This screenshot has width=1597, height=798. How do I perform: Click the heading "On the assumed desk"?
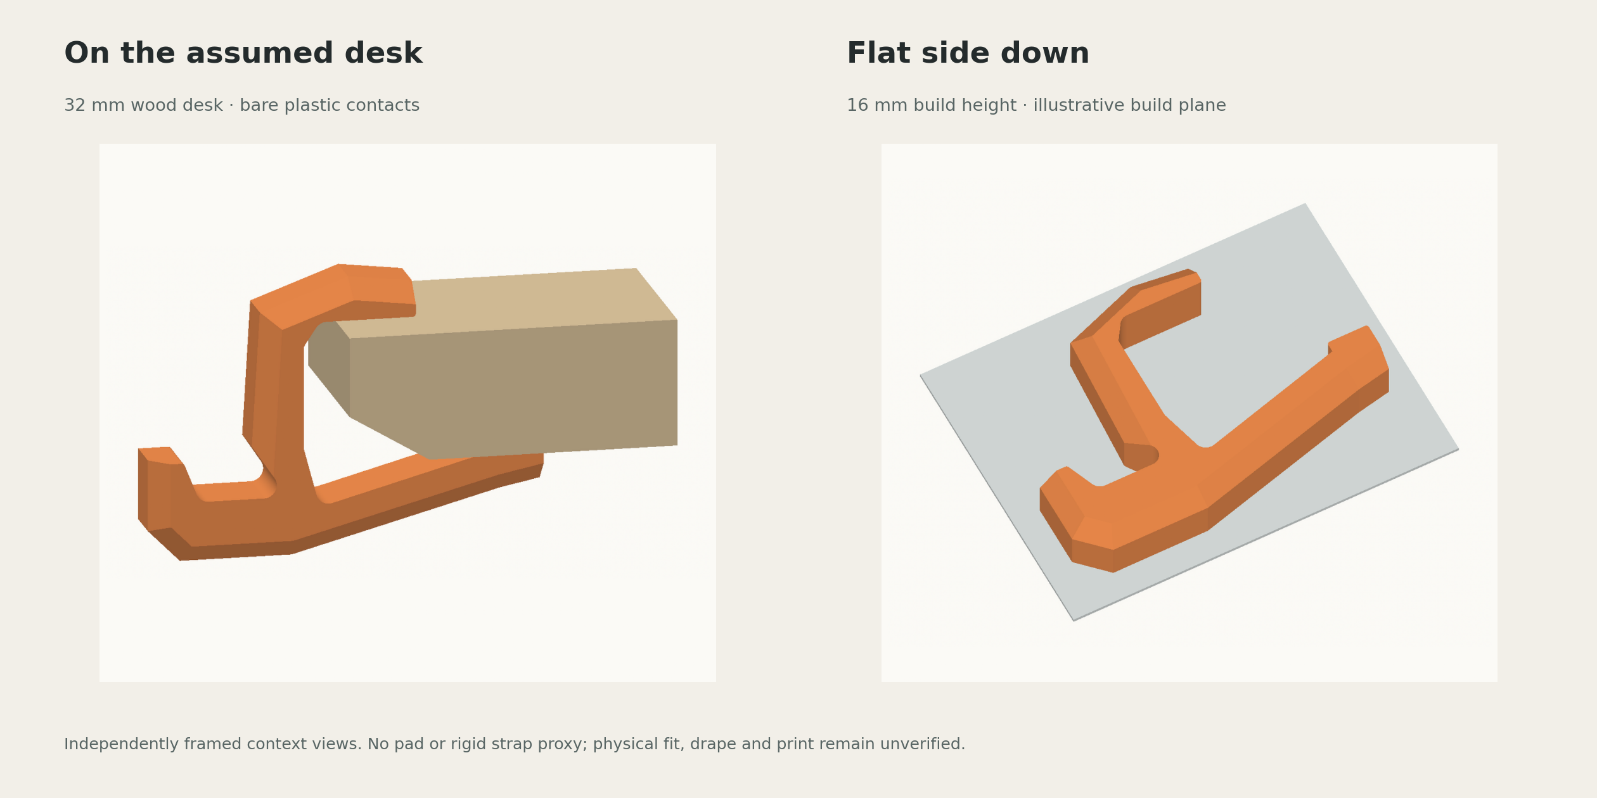click(243, 53)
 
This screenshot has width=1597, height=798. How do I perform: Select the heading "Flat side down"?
click(968, 53)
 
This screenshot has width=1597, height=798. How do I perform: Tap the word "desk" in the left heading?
click(383, 53)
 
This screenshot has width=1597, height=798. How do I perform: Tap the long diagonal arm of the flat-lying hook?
click(1286, 431)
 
